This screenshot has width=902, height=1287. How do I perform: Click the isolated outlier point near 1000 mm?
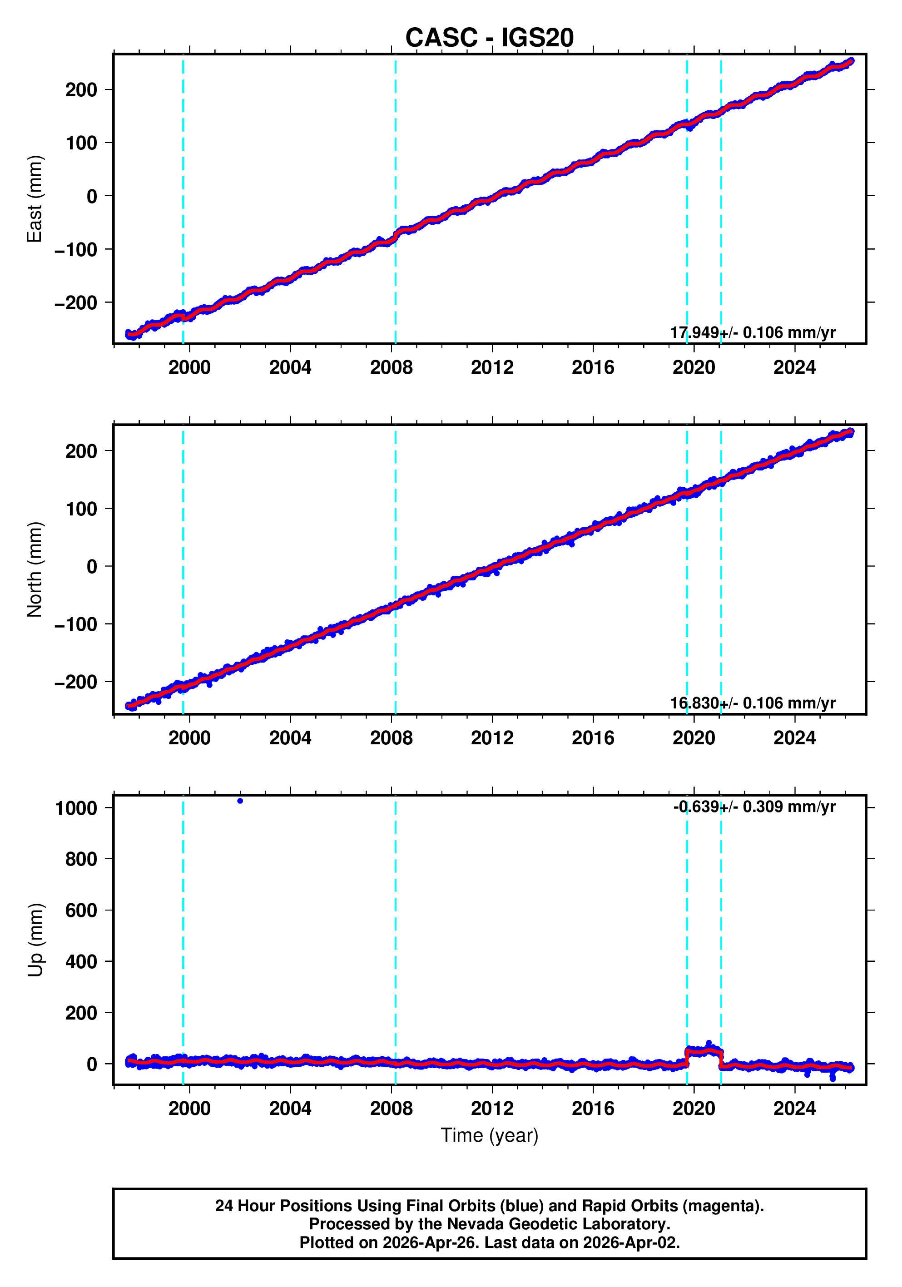(x=240, y=801)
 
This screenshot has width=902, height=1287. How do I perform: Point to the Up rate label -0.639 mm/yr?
(x=753, y=807)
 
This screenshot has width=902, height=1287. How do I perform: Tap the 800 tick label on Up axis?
(x=81, y=859)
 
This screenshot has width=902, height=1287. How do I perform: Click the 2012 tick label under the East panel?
(x=491, y=368)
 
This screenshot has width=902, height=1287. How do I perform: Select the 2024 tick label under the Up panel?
(x=794, y=1108)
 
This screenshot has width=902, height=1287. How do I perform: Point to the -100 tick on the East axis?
(x=76, y=249)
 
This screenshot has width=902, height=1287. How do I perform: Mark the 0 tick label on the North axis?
(x=91, y=566)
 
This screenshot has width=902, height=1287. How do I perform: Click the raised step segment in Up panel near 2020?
(x=704, y=1052)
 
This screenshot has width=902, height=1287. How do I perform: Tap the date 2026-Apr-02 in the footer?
(x=631, y=1242)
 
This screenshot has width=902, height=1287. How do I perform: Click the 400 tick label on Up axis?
(x=81, y=961)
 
